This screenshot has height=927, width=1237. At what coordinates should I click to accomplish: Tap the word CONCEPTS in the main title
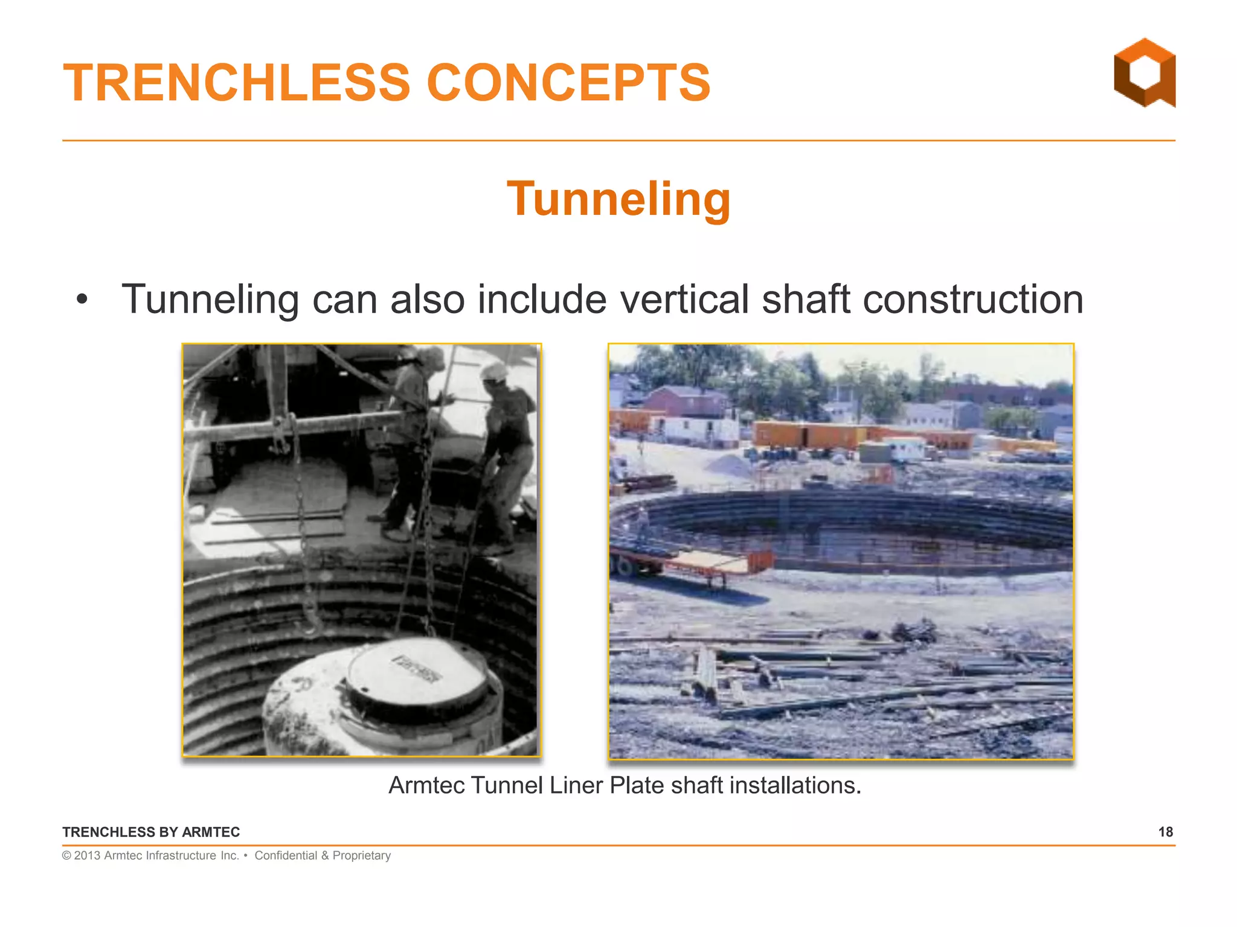pos(568,83)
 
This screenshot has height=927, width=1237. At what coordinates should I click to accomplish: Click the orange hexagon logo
pos(1144,73)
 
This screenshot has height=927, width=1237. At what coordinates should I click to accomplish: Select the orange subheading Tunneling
pos(618,199)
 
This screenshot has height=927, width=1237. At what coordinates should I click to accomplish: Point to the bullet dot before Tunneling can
pos(82,299)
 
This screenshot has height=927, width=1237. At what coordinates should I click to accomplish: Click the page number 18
pos(1165,832)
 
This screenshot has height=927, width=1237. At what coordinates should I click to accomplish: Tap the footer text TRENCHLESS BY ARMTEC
pos(151,832)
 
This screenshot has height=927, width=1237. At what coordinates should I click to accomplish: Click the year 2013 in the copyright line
pos(87,855)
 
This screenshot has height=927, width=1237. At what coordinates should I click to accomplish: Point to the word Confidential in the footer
pos(286,855)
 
